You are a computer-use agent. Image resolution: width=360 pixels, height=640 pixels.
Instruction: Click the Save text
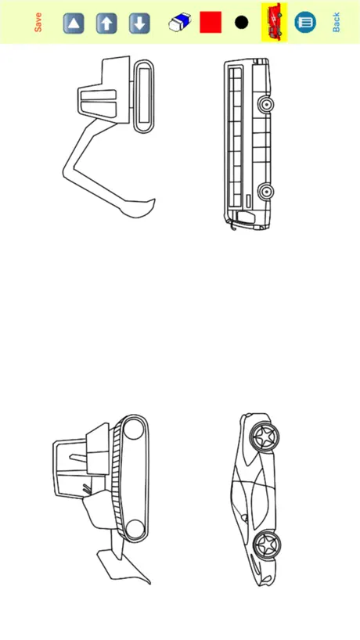38,23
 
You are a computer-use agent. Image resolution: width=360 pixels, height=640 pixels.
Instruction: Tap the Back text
336,22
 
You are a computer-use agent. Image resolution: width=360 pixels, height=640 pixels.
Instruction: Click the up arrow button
106,23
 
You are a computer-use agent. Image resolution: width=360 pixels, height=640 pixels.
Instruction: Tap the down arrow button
139,23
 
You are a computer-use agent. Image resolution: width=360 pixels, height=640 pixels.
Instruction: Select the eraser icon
180,22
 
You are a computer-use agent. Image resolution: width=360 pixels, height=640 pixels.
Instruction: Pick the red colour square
211,22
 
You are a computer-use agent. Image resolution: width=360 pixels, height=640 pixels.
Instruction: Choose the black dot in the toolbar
242,23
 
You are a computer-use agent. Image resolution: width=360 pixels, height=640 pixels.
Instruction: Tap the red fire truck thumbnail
274,22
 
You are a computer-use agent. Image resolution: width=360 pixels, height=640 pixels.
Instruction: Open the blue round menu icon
305,22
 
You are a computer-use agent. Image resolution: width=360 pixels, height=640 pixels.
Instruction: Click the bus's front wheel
266,191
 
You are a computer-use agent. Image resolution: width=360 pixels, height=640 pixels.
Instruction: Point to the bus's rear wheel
266,105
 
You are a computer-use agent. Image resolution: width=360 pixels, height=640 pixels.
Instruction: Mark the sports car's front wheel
267,544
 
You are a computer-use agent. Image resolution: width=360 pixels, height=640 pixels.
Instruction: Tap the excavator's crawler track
144,96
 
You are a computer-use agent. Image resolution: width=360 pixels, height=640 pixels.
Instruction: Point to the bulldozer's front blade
122,566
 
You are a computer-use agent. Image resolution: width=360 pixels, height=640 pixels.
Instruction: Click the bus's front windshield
244,218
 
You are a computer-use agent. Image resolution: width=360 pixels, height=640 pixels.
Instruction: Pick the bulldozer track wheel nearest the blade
135,529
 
